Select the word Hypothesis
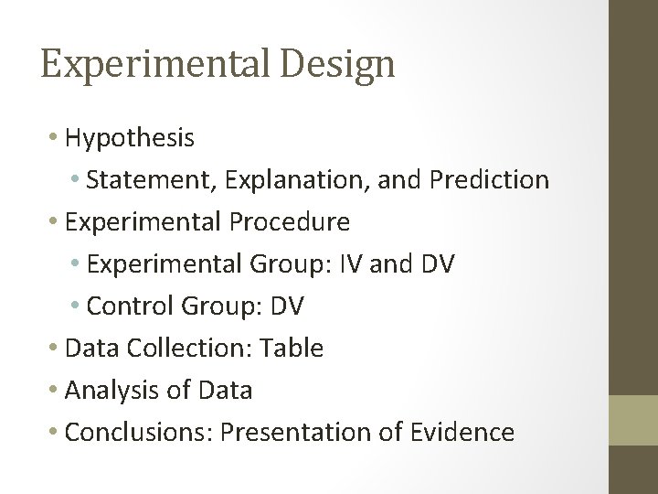click(x=130, y=137)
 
